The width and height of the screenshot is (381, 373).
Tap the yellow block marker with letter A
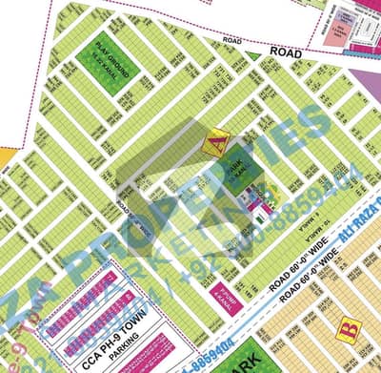click(217, 141)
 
